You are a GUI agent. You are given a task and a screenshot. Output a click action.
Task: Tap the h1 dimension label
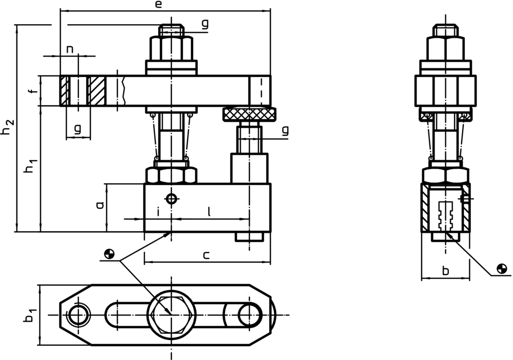pos(31,166)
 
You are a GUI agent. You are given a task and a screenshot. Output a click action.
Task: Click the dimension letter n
pos(70,49)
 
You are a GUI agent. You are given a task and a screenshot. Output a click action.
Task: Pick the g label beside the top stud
pos(205,24)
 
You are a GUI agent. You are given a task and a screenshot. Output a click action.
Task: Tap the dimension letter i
pos(158,211)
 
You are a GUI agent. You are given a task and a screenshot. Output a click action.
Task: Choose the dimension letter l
pos(209,210)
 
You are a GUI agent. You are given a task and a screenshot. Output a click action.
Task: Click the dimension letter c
pos(206,255)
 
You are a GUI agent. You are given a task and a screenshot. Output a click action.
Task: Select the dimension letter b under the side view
pos(445,271)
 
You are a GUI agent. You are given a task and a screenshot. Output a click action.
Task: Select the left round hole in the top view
pos(78,314)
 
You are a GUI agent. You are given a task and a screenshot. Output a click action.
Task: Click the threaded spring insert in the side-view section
pos(446,216)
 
